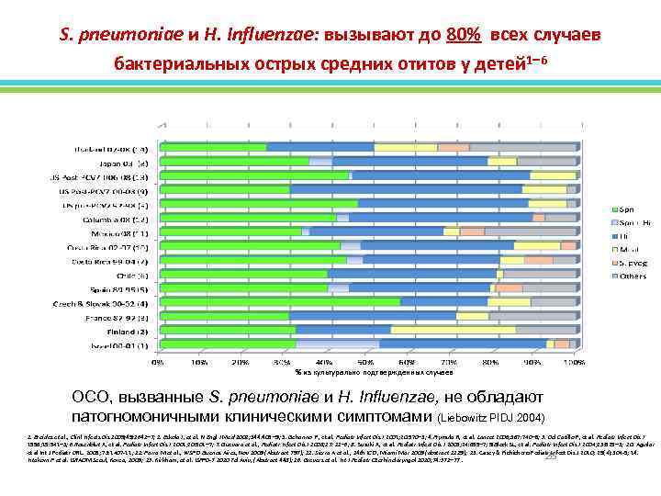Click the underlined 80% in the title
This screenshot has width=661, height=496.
click(460, 35)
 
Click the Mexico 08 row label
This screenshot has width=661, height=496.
click(126, 232)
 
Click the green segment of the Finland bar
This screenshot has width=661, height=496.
click(226, 330)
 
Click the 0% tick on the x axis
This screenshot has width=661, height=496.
click(158, 362)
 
